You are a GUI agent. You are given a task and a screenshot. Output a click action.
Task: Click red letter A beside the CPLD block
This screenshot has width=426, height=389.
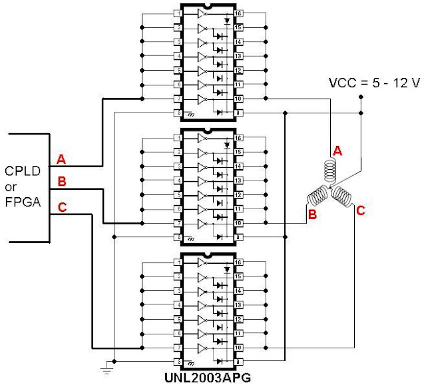[x=61, y=159]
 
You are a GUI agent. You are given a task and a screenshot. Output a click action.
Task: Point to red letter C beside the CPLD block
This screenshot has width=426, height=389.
[x=61, y=208]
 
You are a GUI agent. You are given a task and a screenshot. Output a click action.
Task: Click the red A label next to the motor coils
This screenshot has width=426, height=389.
[x=337, y=151]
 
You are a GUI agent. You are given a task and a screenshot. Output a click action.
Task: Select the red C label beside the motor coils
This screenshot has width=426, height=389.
[x=361, y=211]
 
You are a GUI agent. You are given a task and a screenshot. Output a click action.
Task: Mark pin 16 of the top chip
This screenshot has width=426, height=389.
[x=238, y=13]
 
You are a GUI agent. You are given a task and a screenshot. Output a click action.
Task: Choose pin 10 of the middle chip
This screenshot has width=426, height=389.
[x=238, y=223]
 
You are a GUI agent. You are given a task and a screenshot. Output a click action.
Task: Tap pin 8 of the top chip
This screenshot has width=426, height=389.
[x=178, y=113]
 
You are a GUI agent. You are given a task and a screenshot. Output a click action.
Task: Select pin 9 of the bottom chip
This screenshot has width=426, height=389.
[x=238, y=362]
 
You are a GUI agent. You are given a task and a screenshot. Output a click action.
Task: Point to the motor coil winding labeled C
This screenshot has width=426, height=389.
[x=345, y=196]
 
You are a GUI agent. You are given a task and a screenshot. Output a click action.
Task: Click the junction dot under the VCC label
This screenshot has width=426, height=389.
[x=360, y=97]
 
